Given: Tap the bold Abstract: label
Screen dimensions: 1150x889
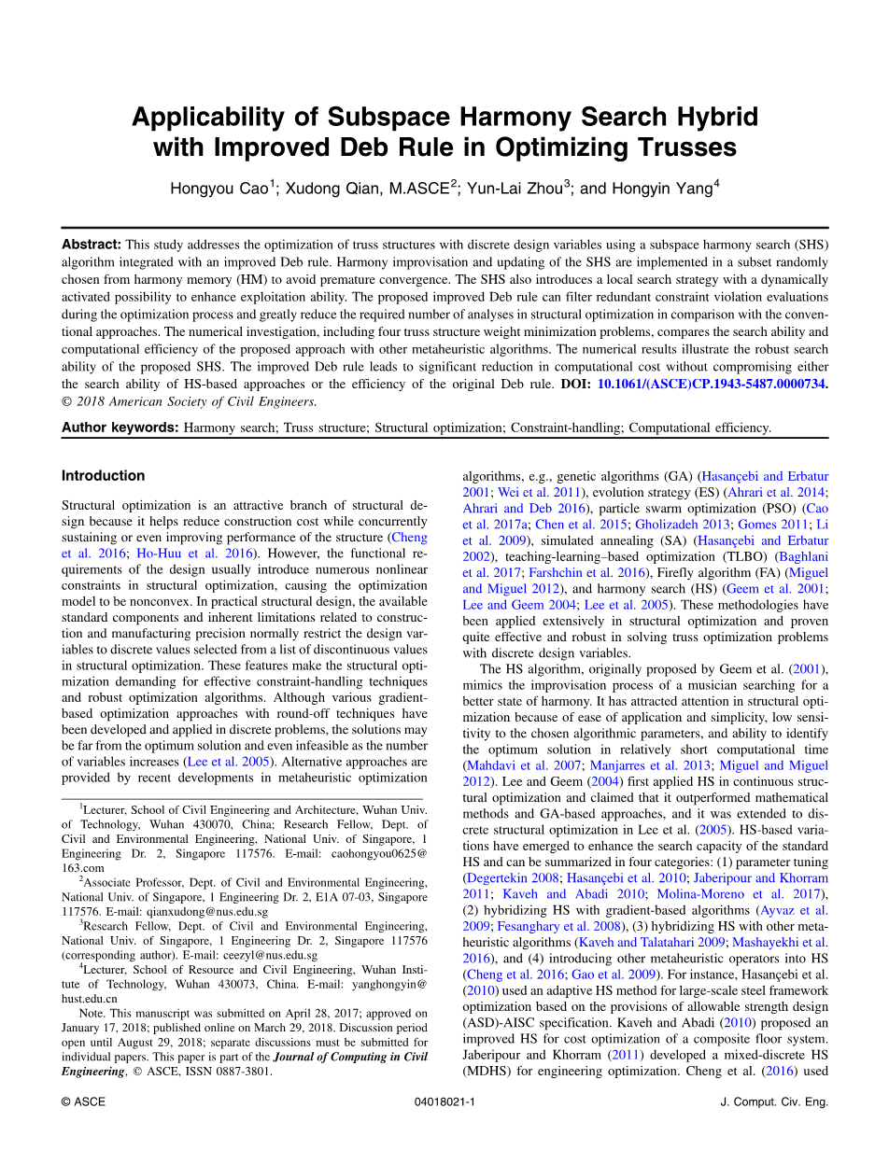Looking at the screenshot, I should pyautogui.click(x=92, y=244).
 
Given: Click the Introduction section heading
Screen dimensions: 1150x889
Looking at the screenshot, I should pyautogui.click(x=104, y=476).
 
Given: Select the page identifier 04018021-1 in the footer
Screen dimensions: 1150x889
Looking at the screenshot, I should pyautogui.click(x=444, y=1101).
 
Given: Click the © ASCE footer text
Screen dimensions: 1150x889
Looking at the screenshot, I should pyautogui.click(x=83, y=1101).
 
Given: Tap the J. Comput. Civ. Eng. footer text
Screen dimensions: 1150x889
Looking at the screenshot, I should pyautogui.click(x=775, y=1101).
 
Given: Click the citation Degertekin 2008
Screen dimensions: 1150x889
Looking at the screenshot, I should pyautogui.click(x=512, y=877).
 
